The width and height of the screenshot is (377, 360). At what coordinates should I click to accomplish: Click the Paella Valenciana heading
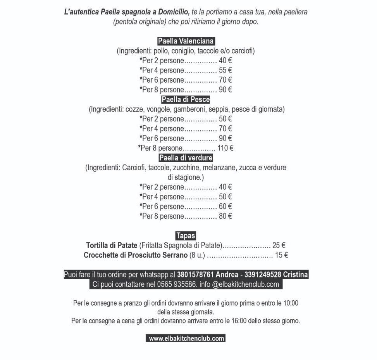[x=186, y=41]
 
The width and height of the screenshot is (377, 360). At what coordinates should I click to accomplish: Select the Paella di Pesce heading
[x=186, y=99]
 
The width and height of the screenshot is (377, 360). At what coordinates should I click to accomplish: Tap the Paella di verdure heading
[x=186, y=158]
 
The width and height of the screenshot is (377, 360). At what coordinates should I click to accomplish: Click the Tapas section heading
[x=186, y=235]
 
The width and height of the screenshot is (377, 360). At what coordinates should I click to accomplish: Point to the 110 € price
[x=226, y=148]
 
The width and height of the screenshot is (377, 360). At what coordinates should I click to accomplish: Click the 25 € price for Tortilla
[x=279, y=245]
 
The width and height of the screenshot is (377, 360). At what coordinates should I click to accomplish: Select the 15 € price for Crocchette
[x=281, y=255]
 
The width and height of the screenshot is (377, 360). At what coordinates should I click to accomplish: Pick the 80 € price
[x=225, y=216]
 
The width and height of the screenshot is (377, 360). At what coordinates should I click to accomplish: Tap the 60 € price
[x=225, y=206]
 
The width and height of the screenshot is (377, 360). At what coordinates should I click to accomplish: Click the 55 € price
[x=225, y=70]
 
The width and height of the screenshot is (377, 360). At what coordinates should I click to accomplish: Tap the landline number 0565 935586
[x=176, y=284]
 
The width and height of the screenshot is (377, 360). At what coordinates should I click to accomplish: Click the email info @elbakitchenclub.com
[x=239, y=284]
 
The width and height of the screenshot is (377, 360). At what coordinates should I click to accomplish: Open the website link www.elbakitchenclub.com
[x=186, y=338]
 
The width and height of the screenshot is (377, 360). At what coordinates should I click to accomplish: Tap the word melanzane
[x=221, y=168]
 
